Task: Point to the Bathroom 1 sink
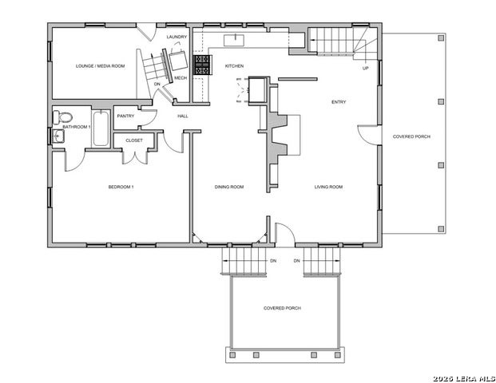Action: click(57, 136)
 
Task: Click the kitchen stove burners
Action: click(201, 66)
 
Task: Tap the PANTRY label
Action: click(125, 116)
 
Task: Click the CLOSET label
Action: click(133, 140)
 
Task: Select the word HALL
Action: click(182, 116)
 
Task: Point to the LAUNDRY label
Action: click(177, 37)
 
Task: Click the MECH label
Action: click(181, 77)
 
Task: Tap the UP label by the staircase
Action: click(366, 68)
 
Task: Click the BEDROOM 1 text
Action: click(121, 188)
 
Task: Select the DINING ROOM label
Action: click(228, 188)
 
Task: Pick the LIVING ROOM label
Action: click(327, 188)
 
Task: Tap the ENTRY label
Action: click(339, 102)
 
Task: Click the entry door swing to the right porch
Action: click(365, 135)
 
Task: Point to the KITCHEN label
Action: click(234, 65)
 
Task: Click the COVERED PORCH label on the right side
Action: click(411, 136)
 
